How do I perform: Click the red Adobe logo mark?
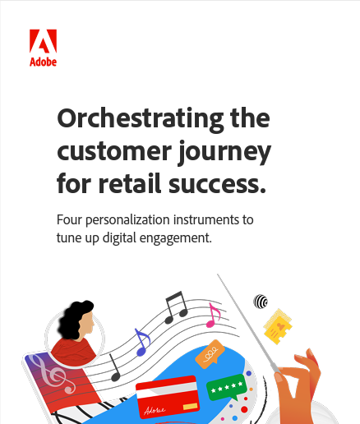43,41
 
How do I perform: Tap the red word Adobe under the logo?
43,62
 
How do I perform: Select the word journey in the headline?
224,152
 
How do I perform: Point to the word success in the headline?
217,184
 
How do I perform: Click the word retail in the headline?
129,182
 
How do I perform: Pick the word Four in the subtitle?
69,219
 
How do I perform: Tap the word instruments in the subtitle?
205,219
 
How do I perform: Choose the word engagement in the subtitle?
175,238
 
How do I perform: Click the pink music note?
213,316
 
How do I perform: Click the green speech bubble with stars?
227,388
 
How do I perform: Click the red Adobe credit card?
168,397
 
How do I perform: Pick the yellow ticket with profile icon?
278,326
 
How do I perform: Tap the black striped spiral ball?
261,302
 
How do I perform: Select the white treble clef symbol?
52,374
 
